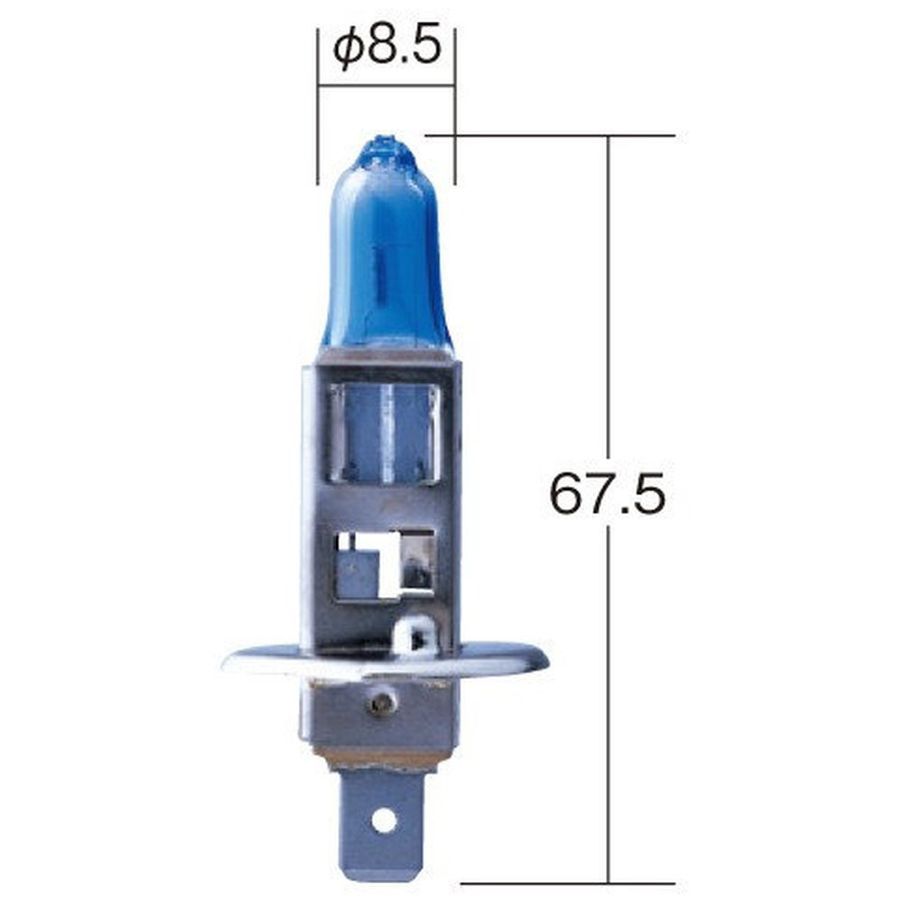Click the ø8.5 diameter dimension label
point(387,47)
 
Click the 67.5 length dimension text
point(608,494)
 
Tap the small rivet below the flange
point(380,703)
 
